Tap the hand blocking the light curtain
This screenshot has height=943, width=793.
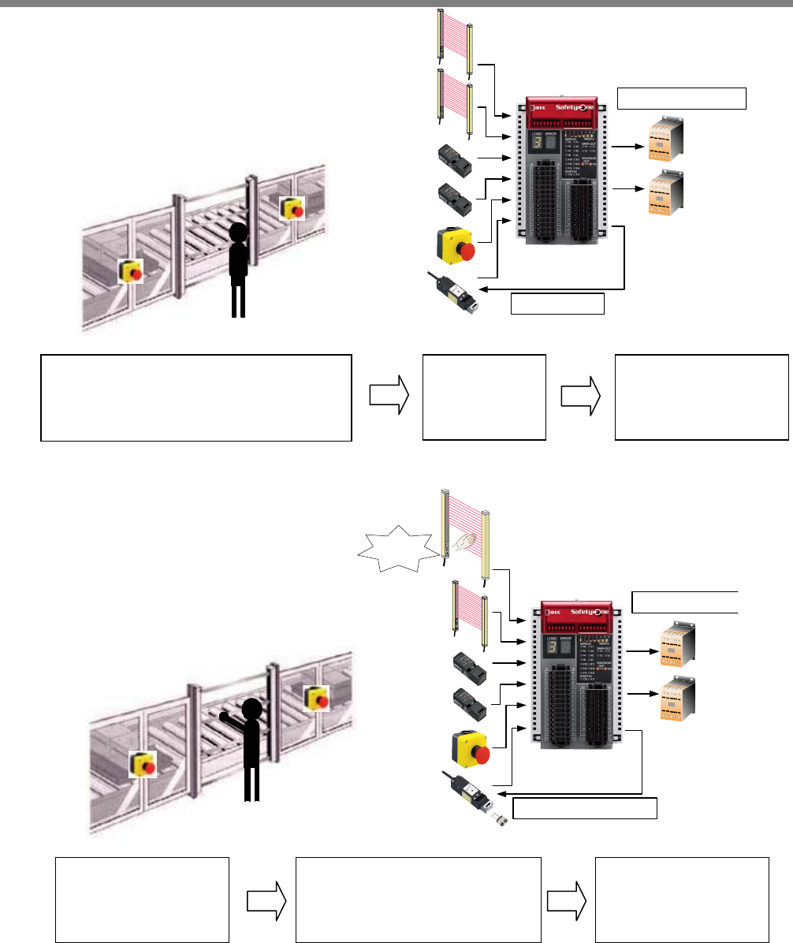[x=463, y=542]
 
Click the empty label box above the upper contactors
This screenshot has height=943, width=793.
[x=681, y=98]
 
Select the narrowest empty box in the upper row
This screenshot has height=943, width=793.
[x=484, y=397]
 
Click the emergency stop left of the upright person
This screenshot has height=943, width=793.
[x=131, y=270]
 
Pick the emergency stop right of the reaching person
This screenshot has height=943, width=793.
[x=317, y=697]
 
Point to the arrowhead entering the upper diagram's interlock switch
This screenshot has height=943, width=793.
[x=482, y=289]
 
